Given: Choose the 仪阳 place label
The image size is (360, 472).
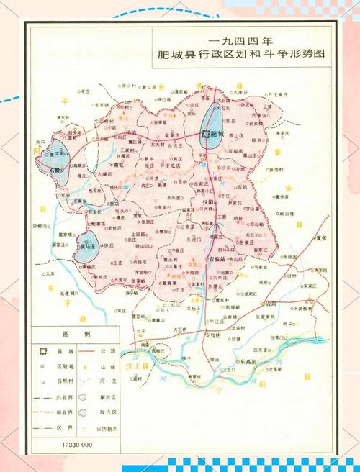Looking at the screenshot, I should pyautogui.click(x=209, y=204).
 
